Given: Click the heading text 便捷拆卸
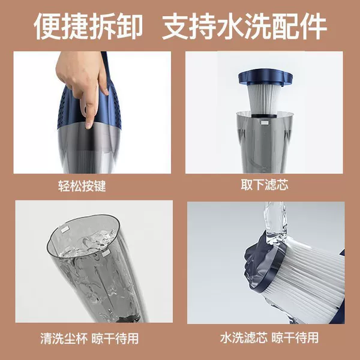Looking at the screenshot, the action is tap(88, 26).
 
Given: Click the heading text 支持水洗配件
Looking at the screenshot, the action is tap(245, 26).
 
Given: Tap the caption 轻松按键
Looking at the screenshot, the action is tap(82, 186).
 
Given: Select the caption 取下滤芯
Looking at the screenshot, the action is tap(265, 184).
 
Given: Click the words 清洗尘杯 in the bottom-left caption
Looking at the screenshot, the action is tap(64, 338).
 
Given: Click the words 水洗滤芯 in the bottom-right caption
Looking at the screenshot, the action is tap(244, 337).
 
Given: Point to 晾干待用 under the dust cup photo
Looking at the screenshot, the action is tap(115, 338).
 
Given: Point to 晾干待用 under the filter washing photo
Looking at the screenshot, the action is tap(295, 337).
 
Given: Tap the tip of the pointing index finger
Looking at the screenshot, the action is tap(88, 126).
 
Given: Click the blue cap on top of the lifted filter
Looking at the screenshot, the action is tap(265, 77).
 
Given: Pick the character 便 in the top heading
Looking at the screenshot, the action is tap(47, 26).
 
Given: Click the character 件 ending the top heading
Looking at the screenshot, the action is tap(313, 26).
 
